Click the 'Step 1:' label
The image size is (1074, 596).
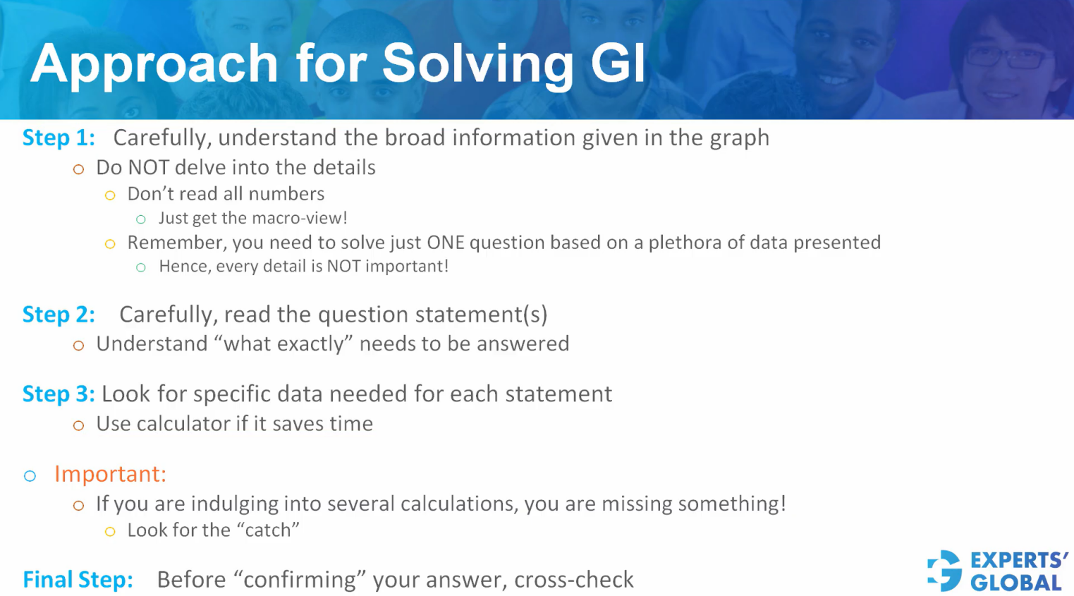59,138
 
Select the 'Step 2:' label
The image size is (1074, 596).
59,315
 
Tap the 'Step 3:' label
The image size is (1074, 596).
59,394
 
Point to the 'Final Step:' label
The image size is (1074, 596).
78,580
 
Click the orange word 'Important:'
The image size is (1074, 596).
110,474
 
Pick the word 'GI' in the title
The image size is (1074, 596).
618,63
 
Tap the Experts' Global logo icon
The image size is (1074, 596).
945,571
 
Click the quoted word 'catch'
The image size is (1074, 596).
268,530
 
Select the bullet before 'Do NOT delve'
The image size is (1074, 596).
78,169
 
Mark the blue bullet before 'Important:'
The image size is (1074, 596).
30,476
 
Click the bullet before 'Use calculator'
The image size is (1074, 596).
78,425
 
